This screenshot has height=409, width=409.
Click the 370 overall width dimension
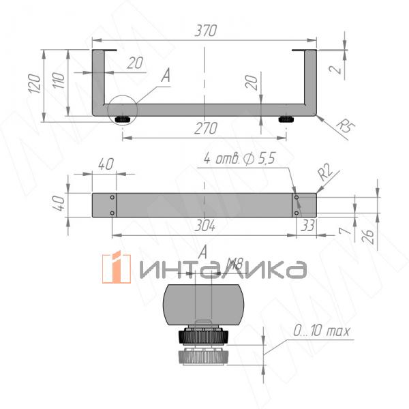[x=205, y=31]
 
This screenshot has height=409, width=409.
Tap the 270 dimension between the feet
[x=205, y=128]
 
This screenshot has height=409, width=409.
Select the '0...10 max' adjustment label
[x=322, y=332]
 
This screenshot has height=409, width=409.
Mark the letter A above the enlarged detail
[x=202, y=252]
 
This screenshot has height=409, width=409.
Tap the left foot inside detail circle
[x=123, y=119]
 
